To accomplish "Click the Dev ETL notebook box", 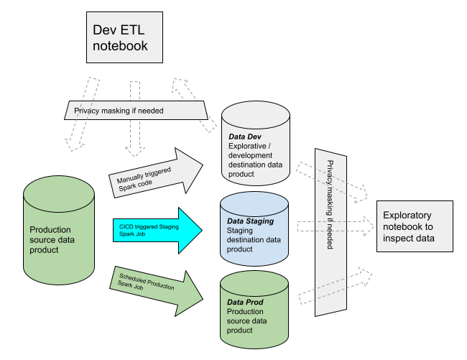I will [124, 37].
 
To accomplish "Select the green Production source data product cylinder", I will [59, 230].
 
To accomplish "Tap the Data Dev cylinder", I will [255, 147].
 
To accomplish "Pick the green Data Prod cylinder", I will [255, 309].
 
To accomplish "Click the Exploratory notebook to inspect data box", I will [415, 226].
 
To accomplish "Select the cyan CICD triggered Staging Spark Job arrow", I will [158, 229].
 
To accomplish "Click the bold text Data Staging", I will [250, 221].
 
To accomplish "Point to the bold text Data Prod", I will [245, 303].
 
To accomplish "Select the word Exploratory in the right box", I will [407, 215].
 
